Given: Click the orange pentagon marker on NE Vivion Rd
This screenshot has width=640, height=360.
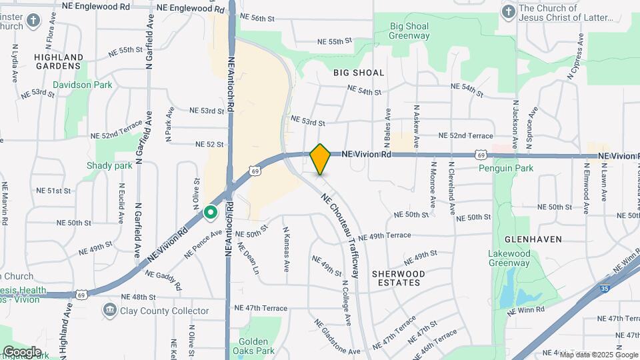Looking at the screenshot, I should click(x=320, y=159).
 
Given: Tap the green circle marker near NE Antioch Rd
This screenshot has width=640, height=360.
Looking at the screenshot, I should click(x=211, y=213).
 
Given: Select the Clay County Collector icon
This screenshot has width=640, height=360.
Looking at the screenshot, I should click(x=109, y=310).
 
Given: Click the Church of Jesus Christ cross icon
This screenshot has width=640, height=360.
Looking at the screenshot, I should click(x=508, y=13).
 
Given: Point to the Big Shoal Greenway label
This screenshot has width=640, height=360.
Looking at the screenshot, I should click(x=409, y=31).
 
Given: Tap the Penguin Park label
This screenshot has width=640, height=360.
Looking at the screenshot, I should click(x=507, y=169).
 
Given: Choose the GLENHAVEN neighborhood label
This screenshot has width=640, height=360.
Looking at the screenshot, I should click(x=533, y=239).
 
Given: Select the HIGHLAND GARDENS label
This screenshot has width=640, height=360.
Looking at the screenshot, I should click(x=59, y=61).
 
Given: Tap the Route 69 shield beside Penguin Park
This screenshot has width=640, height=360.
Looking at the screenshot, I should click(x=481, y=155).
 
